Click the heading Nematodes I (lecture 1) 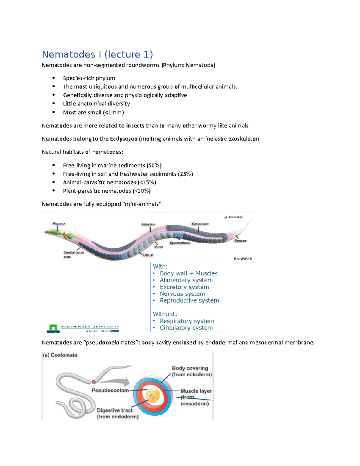click(x=97, y=54)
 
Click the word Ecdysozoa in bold click(x=123, y=139)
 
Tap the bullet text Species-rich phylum click(x=89, y=78)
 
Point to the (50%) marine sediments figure click(x=154, y=165)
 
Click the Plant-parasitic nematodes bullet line click(x=106, y=191)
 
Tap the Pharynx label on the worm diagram click(x=59, y=224)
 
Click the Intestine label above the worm click(x=148, y=224)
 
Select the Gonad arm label click(x=200, y=224)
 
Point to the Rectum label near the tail click(x=240, y=241)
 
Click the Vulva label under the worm click(x=158, y=247)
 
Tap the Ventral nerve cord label click(x=73, y=254)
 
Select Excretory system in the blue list click(x=184, y=287)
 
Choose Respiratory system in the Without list click(x=187, y=321)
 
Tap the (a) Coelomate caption click(x=60, y=355)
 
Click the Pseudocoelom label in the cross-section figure click(x=110, y=390)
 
